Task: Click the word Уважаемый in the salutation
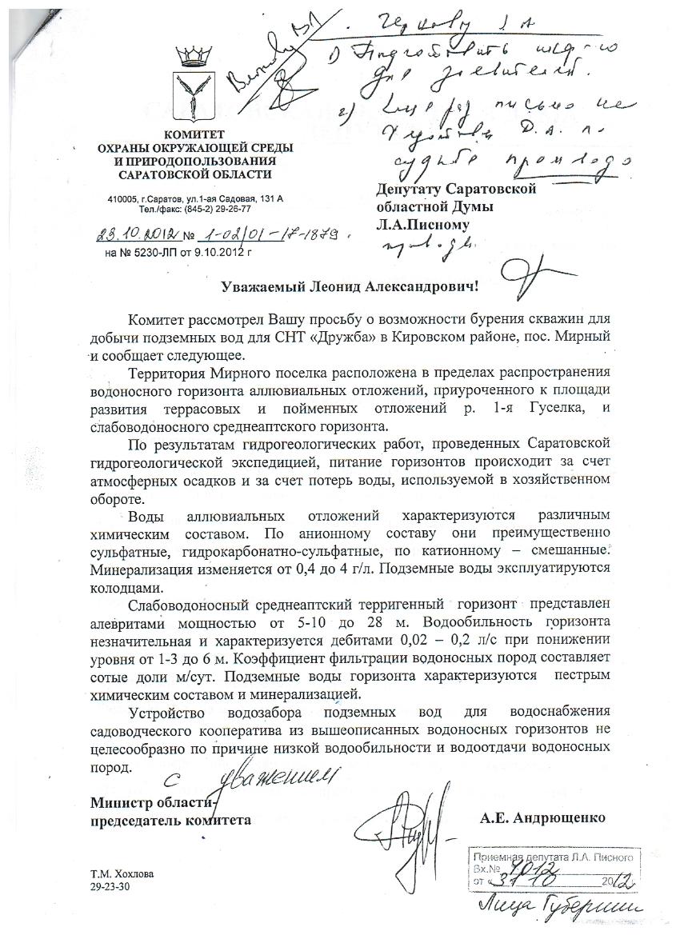261,286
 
